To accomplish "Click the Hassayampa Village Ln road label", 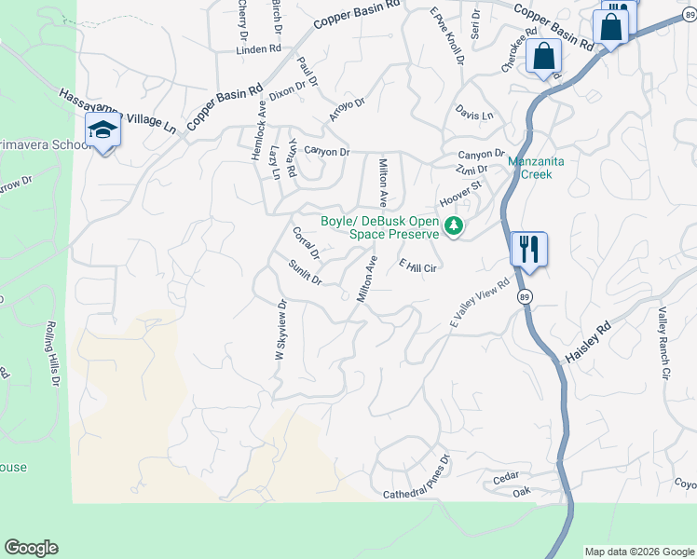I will (117, 110).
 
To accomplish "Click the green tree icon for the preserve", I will (454, 226).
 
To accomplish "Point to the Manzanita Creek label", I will (536, 168).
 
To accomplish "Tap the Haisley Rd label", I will (586, 343).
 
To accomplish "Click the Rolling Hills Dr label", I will (50, 356).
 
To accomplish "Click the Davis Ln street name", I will (474, 115).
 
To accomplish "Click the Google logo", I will (31, 548).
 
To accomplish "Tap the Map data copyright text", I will (638, 552).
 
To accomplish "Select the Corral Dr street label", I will (306, 243).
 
